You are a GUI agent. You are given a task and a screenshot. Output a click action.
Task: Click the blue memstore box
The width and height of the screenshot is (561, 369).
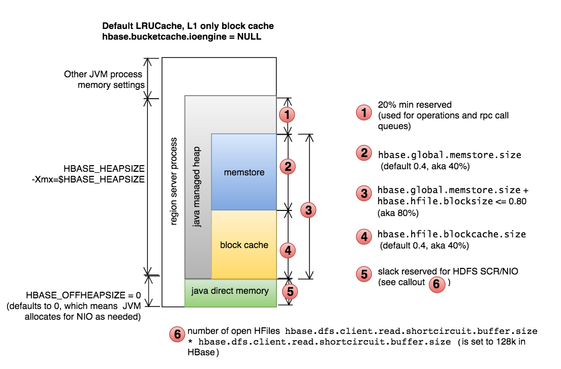[244, 172]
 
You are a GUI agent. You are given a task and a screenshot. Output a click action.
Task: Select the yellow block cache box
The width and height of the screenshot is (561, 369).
[244, 245]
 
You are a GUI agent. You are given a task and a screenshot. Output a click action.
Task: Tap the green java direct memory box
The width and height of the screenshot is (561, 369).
[230, 292]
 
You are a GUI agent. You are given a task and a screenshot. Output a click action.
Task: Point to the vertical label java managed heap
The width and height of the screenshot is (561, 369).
[198, 187]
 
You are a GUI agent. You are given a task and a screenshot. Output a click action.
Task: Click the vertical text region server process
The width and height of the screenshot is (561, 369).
[173, 189]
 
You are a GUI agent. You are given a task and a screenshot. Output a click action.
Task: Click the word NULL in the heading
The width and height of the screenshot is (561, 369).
[249, 37]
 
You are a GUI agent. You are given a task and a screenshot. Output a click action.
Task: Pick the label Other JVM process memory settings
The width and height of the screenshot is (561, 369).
[104, 79]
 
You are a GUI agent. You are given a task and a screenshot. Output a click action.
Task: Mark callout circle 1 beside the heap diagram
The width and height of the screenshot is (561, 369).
[288, 114]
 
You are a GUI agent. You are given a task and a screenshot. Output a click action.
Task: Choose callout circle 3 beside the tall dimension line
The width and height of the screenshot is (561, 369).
[307, 208]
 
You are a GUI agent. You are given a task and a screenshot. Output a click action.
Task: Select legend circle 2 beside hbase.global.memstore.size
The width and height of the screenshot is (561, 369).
[364, 154]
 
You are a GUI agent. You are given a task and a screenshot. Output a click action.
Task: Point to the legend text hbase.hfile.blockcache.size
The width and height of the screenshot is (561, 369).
[451, 234]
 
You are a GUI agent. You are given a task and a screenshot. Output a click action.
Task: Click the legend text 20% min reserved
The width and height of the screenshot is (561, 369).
[415, 105]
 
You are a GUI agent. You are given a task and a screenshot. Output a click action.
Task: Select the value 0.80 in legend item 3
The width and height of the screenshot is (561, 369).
[516, 202]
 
